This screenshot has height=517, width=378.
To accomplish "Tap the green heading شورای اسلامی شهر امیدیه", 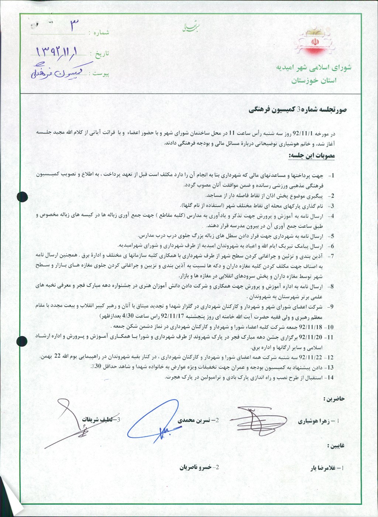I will point(314,68).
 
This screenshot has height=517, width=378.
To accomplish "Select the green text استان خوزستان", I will point(314,81).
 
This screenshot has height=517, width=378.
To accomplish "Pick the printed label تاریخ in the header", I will point(102,54).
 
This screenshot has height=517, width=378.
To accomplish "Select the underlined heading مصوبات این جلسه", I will point(312,156).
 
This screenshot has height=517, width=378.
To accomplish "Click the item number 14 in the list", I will point(330,378).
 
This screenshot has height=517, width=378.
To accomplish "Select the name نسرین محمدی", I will point(194,420).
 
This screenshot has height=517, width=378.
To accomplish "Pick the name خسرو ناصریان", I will point(196,467).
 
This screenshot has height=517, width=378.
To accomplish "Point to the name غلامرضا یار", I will point(323,468).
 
